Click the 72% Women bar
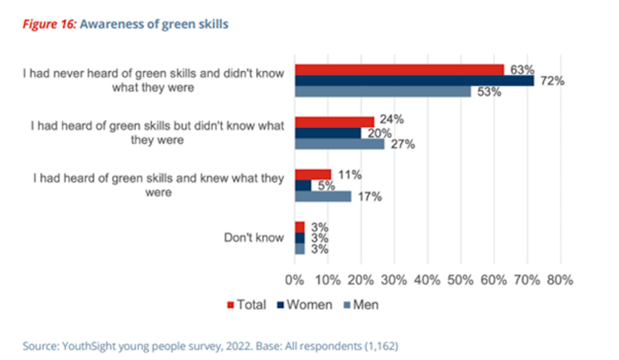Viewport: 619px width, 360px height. tap(414, 81)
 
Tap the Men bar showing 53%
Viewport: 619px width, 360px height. tap(383, 92)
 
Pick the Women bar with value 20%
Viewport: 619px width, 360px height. tap(328, 133)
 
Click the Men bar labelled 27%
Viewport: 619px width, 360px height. tap(339, 144)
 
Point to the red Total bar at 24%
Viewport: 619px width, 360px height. tap(334, 122)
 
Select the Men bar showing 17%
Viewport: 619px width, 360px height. tap(323, 197)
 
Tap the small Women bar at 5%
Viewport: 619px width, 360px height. tap(303, 186)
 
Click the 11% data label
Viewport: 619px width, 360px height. tap(350, 175)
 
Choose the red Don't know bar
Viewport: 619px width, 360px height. tap(300, 227)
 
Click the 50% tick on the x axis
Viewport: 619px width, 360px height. tap(460, 280)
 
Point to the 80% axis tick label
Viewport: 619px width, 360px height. tap(560, 280)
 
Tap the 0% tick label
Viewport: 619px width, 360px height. tap(294, 280)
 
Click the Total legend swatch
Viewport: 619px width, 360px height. tap(231, 305)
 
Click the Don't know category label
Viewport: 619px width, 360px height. tap(254, 237)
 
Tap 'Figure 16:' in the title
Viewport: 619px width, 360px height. tap(50, 24)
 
